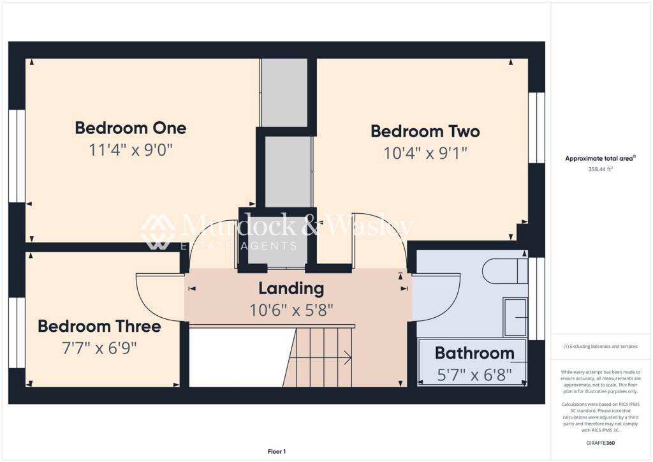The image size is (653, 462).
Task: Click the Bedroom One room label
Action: pos(131,128)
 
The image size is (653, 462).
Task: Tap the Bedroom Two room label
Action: pos(425,131)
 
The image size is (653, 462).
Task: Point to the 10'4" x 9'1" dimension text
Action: pos(425,153)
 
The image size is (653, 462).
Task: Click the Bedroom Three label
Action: pos(99,326)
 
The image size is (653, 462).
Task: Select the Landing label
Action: pos(291,288)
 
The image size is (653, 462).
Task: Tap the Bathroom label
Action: pos(474,353)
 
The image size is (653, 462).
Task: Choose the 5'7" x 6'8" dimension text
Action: pos(474,374)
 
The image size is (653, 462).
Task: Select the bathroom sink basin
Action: pos(515,317)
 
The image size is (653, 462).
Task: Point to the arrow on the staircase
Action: pos(348,358)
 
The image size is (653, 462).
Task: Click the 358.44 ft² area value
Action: pos(600,170)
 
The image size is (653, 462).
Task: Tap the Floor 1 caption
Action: pos(276,451)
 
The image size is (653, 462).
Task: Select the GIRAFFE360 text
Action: pos(601,443)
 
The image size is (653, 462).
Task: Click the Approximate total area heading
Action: pos(600,159)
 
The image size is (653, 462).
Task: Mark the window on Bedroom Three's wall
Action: pos(17,332)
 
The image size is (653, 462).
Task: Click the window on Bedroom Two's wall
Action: pos(537,128)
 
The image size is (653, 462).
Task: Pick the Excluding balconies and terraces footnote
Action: pos(601,346)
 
